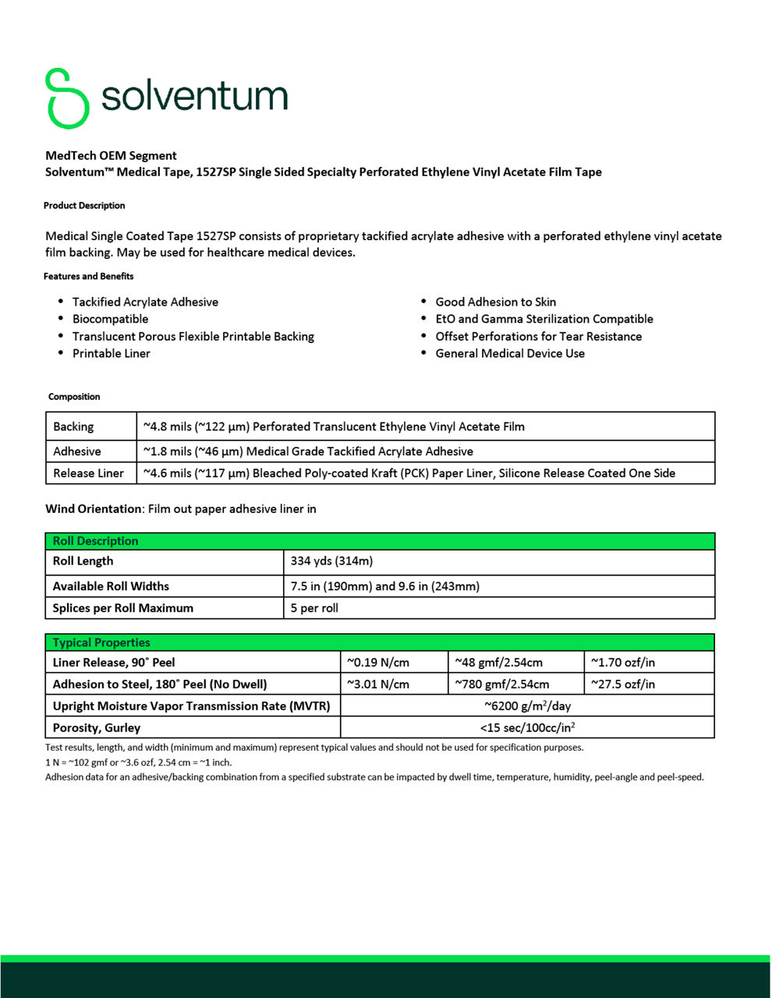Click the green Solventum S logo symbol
[67, 98]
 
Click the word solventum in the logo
[194, 97]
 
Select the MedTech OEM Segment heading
[111, 155]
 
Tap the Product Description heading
[84, 206]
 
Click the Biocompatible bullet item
[110, 319]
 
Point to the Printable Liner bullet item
[111, 353]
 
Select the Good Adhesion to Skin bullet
[495, 302]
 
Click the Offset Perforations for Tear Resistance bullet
[538, 336]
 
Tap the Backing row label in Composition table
[73, 426]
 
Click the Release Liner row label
[88, 473]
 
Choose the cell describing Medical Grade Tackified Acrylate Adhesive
[308, 451]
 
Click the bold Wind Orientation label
[93, 509]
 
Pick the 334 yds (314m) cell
[331, 561]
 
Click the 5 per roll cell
[314, 608]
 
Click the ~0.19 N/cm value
[377, 663]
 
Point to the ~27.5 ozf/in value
[622, 685]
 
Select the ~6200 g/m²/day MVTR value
[527, 706]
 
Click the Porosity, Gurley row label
[97, 728]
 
